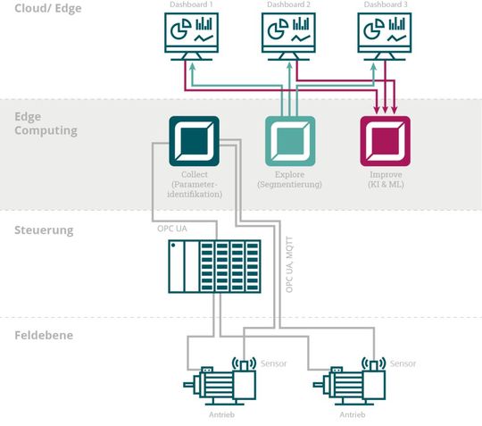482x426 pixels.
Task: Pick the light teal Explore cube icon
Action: [x=289, y=140]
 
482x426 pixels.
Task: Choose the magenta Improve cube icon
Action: [x=385, y=140]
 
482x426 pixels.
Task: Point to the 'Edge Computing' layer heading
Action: [x=46, y=123]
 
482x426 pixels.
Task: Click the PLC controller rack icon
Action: [x=214, y=267]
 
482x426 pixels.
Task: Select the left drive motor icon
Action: [x=220, y=382]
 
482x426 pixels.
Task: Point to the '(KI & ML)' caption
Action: [x=385, y=185]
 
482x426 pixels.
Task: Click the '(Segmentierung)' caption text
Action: [x=289, y=185]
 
